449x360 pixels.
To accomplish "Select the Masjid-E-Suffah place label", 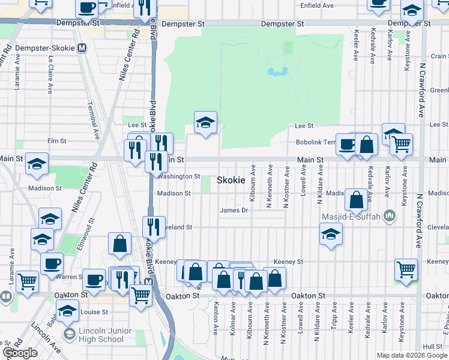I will (351, 215).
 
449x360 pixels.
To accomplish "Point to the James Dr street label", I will (234, 210).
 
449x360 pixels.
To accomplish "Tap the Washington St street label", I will (179, 176).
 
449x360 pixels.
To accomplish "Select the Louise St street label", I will (94, 312).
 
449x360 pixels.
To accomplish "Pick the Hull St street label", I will (432, 346).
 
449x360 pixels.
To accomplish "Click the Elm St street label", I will (56, 141).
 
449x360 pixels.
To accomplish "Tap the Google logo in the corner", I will (20, 353).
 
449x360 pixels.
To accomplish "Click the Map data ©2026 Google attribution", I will (412, 355).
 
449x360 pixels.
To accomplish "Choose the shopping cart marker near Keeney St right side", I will (406, 269).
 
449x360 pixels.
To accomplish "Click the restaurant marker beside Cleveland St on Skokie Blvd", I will (154, 227).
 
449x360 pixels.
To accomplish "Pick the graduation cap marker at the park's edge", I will (205, 122).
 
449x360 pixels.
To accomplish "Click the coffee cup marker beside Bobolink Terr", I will (347, 144).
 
